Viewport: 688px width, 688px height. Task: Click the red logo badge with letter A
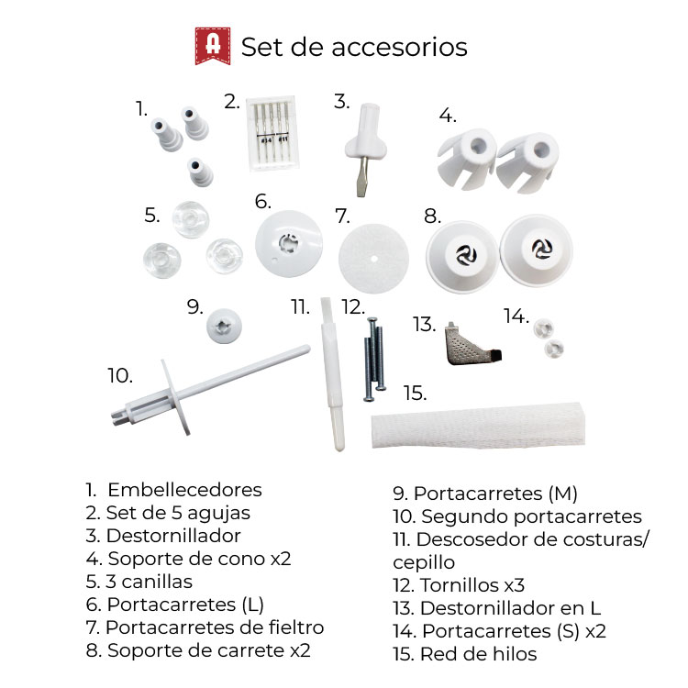pyautogui.click(x=213, y=46)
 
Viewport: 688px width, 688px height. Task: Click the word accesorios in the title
pyautogui.click(x=399, y=47)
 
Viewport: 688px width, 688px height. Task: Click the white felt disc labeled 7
pyautogui.click(x=373, y=259)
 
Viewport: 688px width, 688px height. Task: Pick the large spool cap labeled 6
pyautogui.click(x=289, y=243)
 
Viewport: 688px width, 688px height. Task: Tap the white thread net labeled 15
pyautogui.click(x=478, y=425)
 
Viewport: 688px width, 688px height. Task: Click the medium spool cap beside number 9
pyautogui.click(x=224, y=326)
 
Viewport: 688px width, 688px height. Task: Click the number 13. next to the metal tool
pyautogui.click(x=425, y=325)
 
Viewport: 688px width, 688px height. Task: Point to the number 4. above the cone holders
pyautogui.click(x=448, y=116)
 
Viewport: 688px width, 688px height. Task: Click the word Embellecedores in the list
pyautogui.click(x=184, y=490)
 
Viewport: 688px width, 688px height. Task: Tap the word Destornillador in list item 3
pyautogui.click(x=173, y=536)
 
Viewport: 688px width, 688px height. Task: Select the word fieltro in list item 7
pyautogui.click(x=296, y=627)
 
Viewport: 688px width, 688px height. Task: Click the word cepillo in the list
pyautogui.click(x=424, y=563)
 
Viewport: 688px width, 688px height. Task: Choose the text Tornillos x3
pyautogui.click(x=472, y=585)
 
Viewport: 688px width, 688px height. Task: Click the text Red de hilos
pyautogui.click(x=478, y=654)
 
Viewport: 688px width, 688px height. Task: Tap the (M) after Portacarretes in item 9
pyautogui.click(x=563, y=494)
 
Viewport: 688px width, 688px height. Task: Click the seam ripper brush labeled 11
pyautogui.click(x=332, y=374)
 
